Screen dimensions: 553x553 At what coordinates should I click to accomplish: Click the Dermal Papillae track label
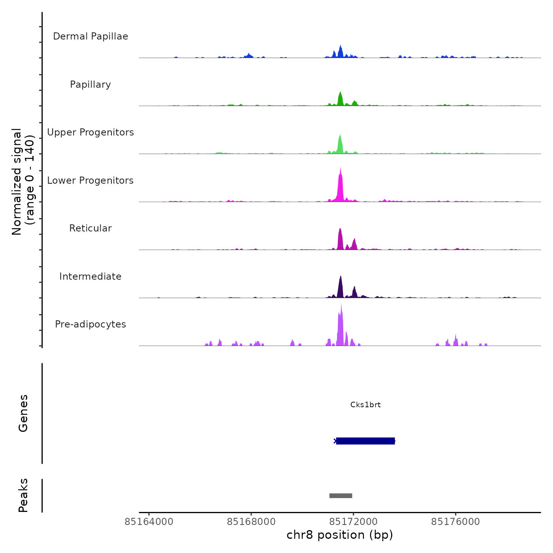pyautogui.click(x=90, y=36)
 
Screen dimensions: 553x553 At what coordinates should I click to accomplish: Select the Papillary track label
pyautogui.click(x=90, y=85)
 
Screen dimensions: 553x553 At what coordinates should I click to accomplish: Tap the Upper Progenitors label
pyautogui.click(x=90, y=132)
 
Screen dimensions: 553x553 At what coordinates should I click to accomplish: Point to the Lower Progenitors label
pyautogui.click(x=90, y=181)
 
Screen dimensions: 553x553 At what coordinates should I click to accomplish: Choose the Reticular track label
pyautogui.click(x=90, y=228)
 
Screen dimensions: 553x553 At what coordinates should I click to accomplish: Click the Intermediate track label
pyautogui.click(x=90, y=276)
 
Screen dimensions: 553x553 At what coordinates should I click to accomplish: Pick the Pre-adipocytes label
pyautogui.click(x=90, y=324)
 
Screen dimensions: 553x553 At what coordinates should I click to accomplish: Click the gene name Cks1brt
pyautogui.click(x=365, y=405)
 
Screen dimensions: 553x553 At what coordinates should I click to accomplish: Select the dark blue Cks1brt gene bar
pyautogui.click(x=365, y=441)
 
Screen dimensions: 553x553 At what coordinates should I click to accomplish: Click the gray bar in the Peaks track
pyautogui.click(x=340, y=496)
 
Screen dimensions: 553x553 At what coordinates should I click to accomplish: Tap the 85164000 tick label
pyautogui.click(x=149, y=522)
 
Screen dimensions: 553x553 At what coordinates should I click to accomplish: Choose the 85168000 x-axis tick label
pyautogui.click(x=251, y=522)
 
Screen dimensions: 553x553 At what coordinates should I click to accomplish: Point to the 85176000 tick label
pyautogui.click(x=455, y=522)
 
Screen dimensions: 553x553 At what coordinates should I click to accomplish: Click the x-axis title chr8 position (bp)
pyautogui.click(x=340, y=535)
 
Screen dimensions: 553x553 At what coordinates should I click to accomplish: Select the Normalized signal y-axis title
pyautogui.click(x=23, y=182)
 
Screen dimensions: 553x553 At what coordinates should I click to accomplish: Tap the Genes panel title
pyautogui.click(x=23, y=413)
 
